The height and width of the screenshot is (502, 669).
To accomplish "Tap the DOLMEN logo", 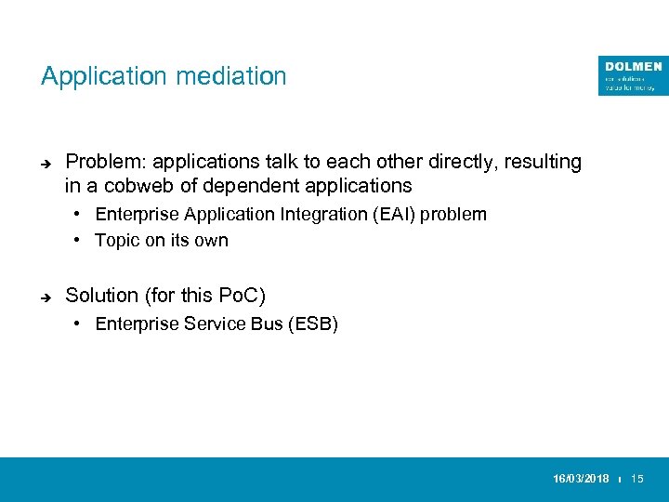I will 633,75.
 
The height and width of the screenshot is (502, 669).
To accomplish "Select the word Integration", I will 302,214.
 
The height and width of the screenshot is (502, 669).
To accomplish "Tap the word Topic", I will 116,240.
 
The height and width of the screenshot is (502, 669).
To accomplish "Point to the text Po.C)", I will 242,296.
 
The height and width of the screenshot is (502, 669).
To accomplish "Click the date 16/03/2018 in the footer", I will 581,479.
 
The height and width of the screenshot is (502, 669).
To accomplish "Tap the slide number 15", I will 637,479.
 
